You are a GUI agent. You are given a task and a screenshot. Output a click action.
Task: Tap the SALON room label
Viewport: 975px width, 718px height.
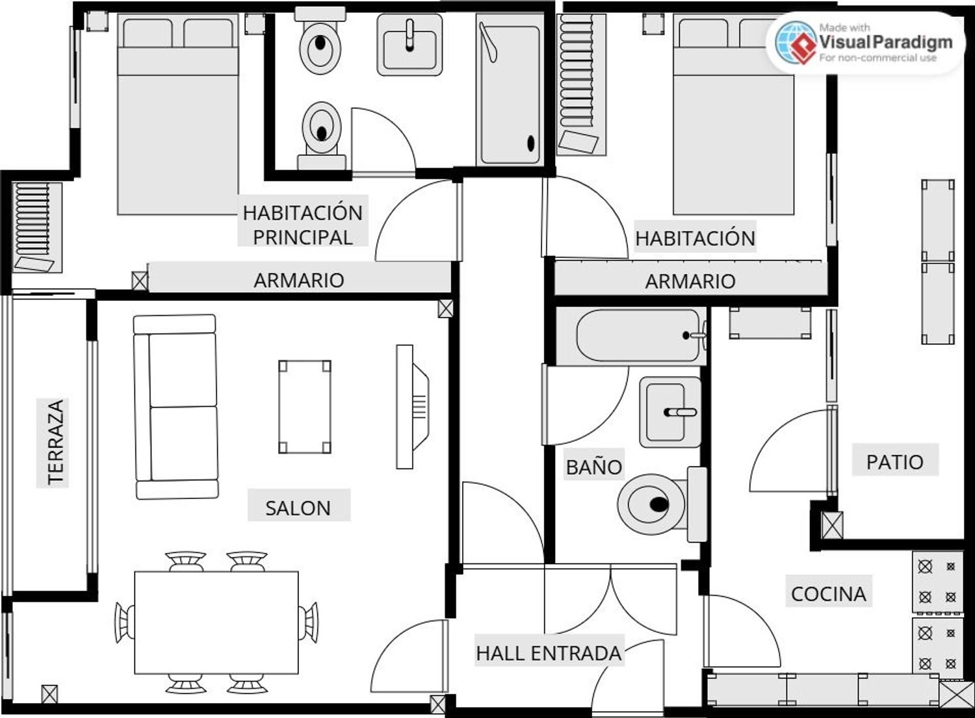click(298, 508)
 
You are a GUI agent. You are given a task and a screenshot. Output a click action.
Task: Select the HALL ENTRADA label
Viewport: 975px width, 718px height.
click(549, 653)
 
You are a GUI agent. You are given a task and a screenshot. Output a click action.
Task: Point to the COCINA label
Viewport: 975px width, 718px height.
click(828, 594)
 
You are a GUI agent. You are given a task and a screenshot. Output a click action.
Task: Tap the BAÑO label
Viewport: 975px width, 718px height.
click(593, 467)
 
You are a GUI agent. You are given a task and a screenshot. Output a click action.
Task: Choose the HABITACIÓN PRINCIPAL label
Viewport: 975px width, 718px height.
click(302, 225)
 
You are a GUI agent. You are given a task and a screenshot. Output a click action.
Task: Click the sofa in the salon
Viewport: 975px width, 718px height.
click(176, 407)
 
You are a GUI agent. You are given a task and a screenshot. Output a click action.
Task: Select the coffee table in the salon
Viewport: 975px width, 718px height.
click(305, 407)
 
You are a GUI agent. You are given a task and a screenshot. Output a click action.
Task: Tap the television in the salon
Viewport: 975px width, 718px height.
click(411, 407)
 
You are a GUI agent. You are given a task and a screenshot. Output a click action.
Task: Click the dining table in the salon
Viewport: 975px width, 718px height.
click(216, 622)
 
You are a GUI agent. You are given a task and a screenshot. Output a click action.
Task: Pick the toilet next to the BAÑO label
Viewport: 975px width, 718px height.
click(662, 504)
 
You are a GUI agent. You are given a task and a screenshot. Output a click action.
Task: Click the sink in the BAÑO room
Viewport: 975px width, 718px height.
click(670, 412)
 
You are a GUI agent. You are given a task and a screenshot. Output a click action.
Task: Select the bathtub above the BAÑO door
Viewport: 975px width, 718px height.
click(632, 335)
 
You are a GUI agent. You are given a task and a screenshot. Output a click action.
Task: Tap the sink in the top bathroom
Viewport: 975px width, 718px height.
click(409, 44)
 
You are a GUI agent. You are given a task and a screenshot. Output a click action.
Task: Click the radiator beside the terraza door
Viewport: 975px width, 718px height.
click(37, 227)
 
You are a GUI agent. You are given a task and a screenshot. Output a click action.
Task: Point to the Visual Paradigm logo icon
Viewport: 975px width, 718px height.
click(796, 43)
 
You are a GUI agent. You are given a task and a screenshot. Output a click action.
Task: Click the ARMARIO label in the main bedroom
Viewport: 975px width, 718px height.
click(299, 281)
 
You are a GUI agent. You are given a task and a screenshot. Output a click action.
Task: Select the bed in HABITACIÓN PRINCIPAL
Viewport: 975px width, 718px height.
click(178, 114)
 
